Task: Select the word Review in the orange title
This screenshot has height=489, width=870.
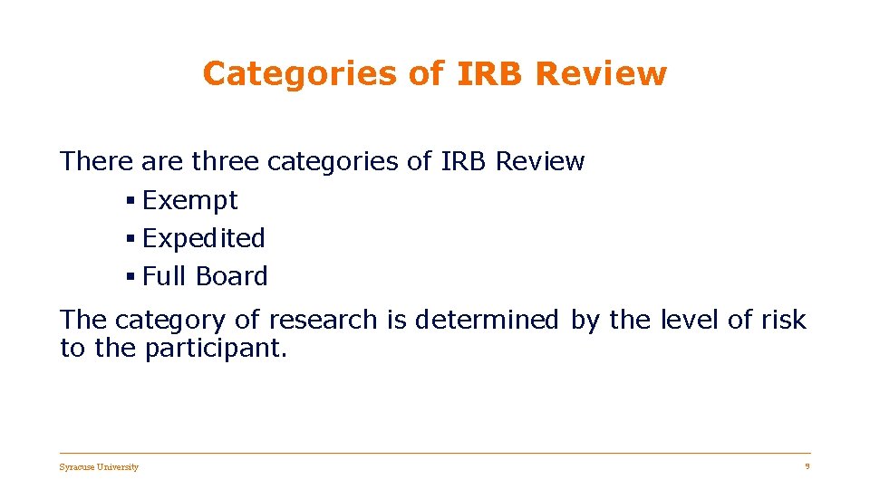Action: coord(601,74)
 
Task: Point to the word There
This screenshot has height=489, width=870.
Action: coord(96,162)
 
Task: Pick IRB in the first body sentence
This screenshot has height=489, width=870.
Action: coord(464,162)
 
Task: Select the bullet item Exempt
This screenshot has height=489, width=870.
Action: coord(189,200)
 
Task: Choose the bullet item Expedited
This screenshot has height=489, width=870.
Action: coord(204,239)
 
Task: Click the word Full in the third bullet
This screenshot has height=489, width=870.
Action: coord(161,276)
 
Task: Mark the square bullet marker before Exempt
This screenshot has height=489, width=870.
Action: coord(130,200)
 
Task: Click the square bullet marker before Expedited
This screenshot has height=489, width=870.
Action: coord(130,238)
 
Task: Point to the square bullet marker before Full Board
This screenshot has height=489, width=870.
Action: coord(130,276)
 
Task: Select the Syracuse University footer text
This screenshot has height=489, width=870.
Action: coord(99,467)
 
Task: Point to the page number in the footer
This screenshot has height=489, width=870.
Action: coord(807,466)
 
